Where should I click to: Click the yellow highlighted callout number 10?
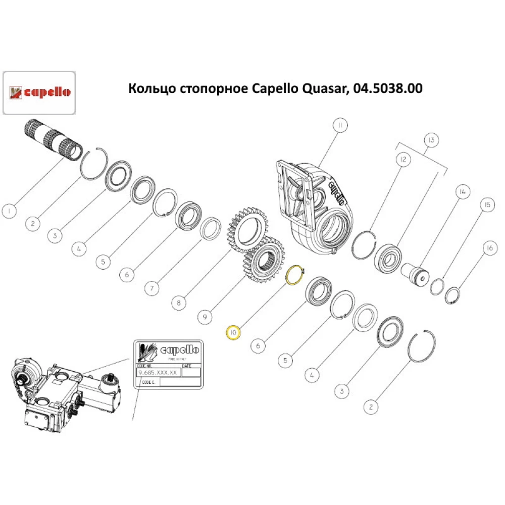coord(233,333)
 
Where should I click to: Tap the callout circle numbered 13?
coord(431,139)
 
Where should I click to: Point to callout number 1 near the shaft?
coord(9,210)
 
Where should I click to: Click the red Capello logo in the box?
coord(40,92)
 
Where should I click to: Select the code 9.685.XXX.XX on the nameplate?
coord(159,373)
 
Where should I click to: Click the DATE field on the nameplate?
coord(191,372)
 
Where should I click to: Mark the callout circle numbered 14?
coord(462,192)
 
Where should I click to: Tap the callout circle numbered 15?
coord(487,205)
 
